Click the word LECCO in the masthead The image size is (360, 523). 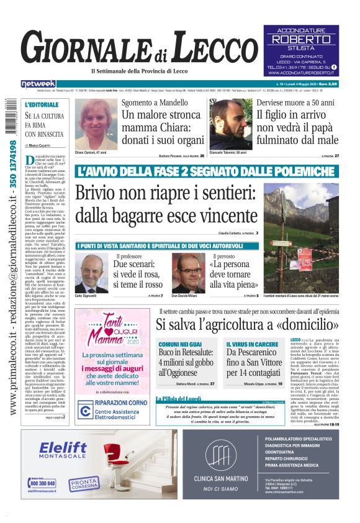pos(212,49)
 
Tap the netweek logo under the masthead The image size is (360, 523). pos(38,83)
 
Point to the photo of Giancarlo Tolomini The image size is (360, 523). pos(232,124)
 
